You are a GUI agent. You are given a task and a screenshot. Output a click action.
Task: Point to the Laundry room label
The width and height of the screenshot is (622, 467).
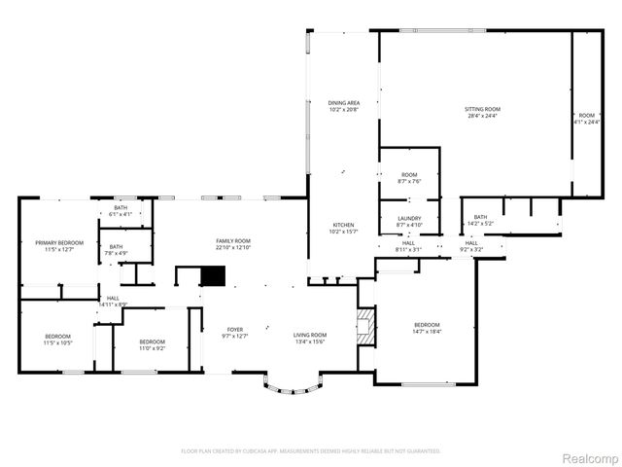(409, 222)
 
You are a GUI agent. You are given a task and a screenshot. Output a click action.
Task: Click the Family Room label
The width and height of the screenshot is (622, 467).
(233, 243)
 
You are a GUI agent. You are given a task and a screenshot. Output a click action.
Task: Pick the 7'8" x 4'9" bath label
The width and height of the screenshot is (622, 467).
(117, 250)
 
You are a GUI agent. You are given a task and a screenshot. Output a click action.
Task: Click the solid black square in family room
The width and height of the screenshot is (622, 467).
(213, 276)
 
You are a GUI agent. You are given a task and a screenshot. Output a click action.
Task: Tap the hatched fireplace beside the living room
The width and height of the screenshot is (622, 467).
(364, 328)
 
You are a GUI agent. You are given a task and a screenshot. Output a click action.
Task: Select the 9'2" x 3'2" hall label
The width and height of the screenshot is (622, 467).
(471, 246)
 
